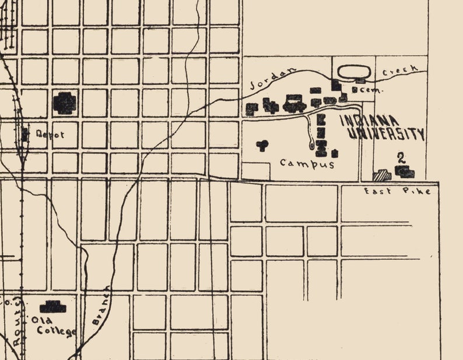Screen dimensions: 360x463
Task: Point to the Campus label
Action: pos(307,164)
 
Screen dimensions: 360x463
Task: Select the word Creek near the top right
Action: pos(401,71)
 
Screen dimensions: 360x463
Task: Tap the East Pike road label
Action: pos(397,191)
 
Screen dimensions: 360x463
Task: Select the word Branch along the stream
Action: pos(100,306)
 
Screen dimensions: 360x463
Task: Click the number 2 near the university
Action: pos(401,157)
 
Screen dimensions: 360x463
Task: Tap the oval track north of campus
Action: pos(355,72)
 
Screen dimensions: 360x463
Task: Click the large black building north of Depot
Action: pos(65,103)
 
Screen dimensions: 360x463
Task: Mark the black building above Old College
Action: pos(52,306)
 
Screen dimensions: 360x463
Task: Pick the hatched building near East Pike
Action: pos(383,174)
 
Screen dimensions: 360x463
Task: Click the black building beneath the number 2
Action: pos(405,171)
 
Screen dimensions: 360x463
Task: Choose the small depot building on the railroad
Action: pos(25,135)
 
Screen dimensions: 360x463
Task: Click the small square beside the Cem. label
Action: pos(355,91)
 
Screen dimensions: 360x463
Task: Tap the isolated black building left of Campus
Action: pos(262,144)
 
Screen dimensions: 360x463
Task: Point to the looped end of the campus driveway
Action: pos(311,144)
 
